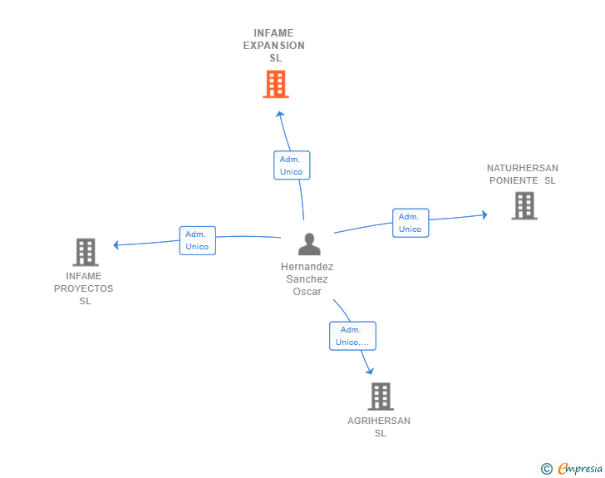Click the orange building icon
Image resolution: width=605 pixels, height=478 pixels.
[276, 84]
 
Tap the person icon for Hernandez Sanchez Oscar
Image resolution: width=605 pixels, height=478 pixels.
[309, 244]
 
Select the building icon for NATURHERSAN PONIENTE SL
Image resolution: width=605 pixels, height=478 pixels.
[524, 206]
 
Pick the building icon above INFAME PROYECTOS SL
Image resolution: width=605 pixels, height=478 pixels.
[86, 252]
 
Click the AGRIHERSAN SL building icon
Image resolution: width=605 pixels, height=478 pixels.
[381, 397]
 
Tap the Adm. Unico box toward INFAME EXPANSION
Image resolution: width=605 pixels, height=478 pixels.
[292, 165]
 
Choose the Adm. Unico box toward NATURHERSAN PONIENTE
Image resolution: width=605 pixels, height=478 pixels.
[411, 223]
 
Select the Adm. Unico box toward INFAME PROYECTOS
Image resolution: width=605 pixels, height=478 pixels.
[198, 240]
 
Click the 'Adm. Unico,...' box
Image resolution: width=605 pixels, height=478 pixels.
[352, 336]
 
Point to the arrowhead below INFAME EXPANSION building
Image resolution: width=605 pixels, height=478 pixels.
[280, 114]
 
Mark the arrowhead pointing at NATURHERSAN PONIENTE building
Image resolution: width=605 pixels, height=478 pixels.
[484, 214]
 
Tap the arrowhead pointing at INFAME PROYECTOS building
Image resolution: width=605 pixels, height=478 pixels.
[116, 244]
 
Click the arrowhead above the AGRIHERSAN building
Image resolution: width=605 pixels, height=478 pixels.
[370, 371]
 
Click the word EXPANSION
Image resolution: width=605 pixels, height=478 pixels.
[274, 46]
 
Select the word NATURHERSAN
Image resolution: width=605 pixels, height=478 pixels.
[523, 168]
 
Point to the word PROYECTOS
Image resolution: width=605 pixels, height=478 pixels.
[84, 288]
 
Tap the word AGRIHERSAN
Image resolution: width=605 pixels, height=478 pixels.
[379, 421]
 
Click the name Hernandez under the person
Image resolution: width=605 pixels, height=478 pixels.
[307, 266]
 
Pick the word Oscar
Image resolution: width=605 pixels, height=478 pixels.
[307, 292]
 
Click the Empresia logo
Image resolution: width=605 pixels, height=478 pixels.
[572, 468]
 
